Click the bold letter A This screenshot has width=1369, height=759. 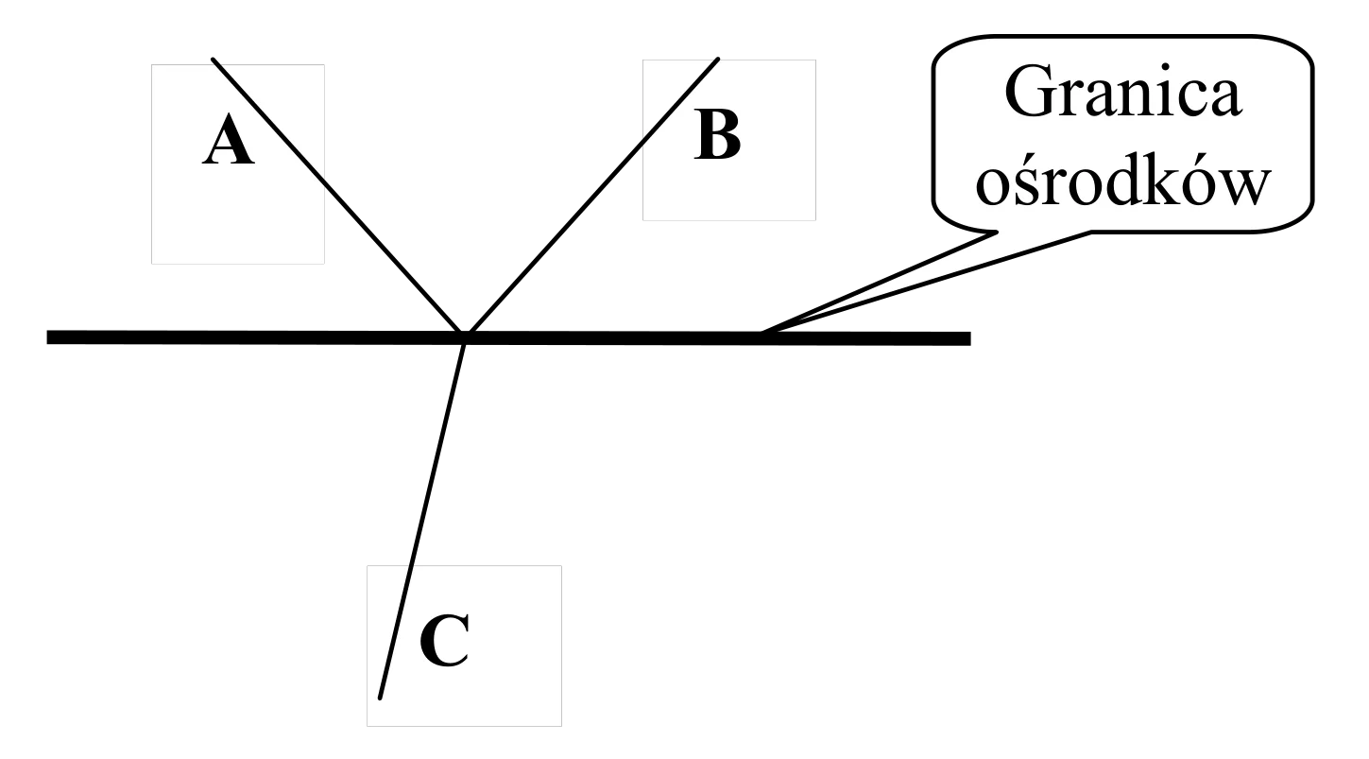click(228, 140)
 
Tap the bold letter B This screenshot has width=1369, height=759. click(717, 135)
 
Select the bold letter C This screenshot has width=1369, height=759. click(445, 640)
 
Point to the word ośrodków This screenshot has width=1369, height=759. click(1122, 181)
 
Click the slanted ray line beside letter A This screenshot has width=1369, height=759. click(338, 198)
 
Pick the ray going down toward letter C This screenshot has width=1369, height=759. click(422, 519)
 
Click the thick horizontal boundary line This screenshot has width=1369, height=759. click(508, 337)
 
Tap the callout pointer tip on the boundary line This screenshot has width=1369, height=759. click(762, 333)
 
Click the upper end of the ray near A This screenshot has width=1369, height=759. click(213, 60)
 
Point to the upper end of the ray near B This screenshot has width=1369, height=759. click(718, 60)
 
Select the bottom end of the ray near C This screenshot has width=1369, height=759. click(380, 698)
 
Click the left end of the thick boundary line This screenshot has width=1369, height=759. click(47, 337)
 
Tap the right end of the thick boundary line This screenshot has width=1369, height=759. click(970, 338)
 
